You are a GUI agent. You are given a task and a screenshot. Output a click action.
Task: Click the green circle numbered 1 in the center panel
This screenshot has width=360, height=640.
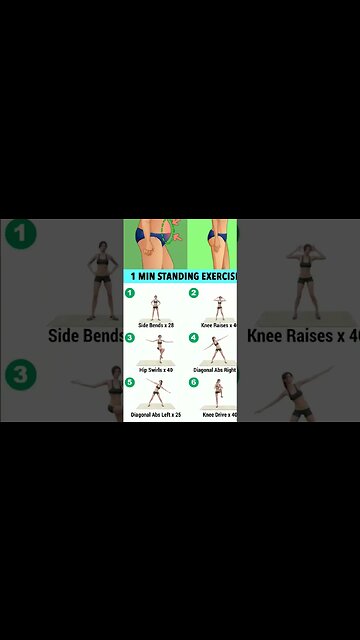(129, 293)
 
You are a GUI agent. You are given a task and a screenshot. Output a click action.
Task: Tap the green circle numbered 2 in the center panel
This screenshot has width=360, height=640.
(194, 293)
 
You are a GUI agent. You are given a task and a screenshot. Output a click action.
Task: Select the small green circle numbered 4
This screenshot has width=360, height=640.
(194, 338)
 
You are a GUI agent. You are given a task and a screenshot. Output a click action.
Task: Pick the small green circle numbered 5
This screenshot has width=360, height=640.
(129, 382)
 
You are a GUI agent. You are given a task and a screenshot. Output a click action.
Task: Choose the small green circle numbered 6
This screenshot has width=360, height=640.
(194, 382)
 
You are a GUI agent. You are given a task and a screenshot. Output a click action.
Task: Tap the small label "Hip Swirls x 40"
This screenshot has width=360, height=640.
(155, 370)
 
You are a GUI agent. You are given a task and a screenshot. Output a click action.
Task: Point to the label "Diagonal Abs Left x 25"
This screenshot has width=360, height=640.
(155, 414)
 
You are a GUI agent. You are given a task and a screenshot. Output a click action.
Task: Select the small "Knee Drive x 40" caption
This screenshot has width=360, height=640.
(219, 414)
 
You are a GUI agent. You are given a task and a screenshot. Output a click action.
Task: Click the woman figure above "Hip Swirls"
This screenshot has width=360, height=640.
(156, 350)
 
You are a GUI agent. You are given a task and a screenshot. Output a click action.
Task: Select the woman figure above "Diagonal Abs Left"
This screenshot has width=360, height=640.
(156, 393)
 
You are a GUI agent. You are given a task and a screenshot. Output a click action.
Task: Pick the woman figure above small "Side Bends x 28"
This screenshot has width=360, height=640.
(155, 306)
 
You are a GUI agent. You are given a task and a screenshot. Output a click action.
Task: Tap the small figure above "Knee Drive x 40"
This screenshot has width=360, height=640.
(218, 393)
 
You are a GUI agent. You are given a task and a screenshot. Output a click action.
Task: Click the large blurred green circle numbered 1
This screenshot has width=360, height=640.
(20, 235)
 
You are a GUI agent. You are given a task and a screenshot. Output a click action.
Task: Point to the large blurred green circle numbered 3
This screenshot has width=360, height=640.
(20, 378)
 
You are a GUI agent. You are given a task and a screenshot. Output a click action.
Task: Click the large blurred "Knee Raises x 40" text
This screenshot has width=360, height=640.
(303, 336)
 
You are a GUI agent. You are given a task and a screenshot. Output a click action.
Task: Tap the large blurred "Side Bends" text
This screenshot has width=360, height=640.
(86, 336)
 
